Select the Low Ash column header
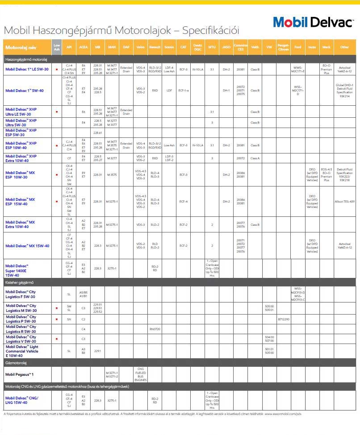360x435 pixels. click(x=57, y=47)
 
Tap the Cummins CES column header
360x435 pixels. click(x=241, y=47)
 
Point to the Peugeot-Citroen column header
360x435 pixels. click(x=283, y=47)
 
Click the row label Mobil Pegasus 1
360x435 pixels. click(x=20, y=374)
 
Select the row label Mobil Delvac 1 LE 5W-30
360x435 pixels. click(x=27, y=69)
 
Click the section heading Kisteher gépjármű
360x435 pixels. click(x=20, y=282)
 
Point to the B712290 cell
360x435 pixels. click(x=283, y=319)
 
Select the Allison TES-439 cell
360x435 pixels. click(x=344, y=202)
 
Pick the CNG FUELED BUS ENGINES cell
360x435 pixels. click(x=140, y=374)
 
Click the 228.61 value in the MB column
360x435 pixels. click(x=97, y=133)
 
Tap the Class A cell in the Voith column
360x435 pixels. click(x=255, y=158)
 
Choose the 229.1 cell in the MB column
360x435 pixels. click(x=97, y=351)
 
